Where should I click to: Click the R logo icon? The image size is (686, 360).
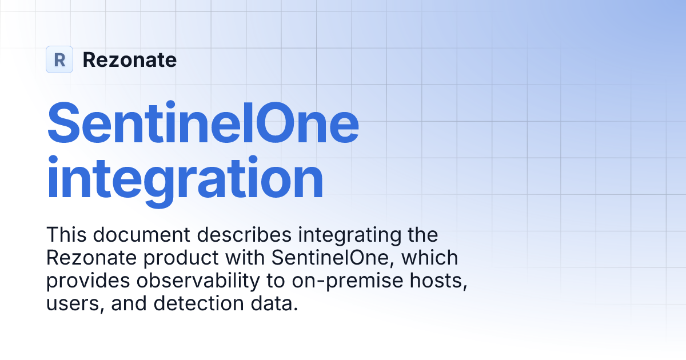coord(59,59)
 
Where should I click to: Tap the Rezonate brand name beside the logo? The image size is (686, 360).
coord(130,59)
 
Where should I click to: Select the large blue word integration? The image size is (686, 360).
coord(185,178)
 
